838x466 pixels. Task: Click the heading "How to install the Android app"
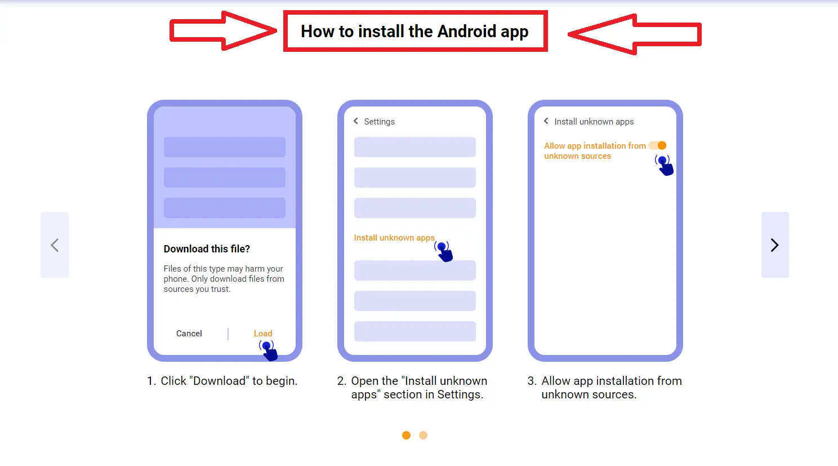pos(414,32)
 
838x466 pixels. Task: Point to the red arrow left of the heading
pos(223,31)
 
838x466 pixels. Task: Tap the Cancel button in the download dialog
pos(189,334)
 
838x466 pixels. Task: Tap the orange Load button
pos(263,334)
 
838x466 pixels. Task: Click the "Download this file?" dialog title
pos(207,249)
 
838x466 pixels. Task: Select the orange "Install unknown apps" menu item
pos(394,238)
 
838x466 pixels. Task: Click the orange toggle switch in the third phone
pos(658,145)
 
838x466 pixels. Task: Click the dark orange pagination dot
pos(406,435)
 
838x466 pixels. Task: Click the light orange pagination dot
pos(424,435)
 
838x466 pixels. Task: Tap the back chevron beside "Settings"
pos(356,121)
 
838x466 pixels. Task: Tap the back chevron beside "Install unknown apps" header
pos(546,121)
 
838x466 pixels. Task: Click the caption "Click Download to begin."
pos(222,381)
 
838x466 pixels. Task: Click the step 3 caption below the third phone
pos(605,388)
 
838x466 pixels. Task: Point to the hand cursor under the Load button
pos(269,350)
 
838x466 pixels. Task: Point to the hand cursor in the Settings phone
pos(444,251)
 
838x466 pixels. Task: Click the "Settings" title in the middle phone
pos(379,122)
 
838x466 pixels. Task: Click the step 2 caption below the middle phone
pos(413,388)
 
